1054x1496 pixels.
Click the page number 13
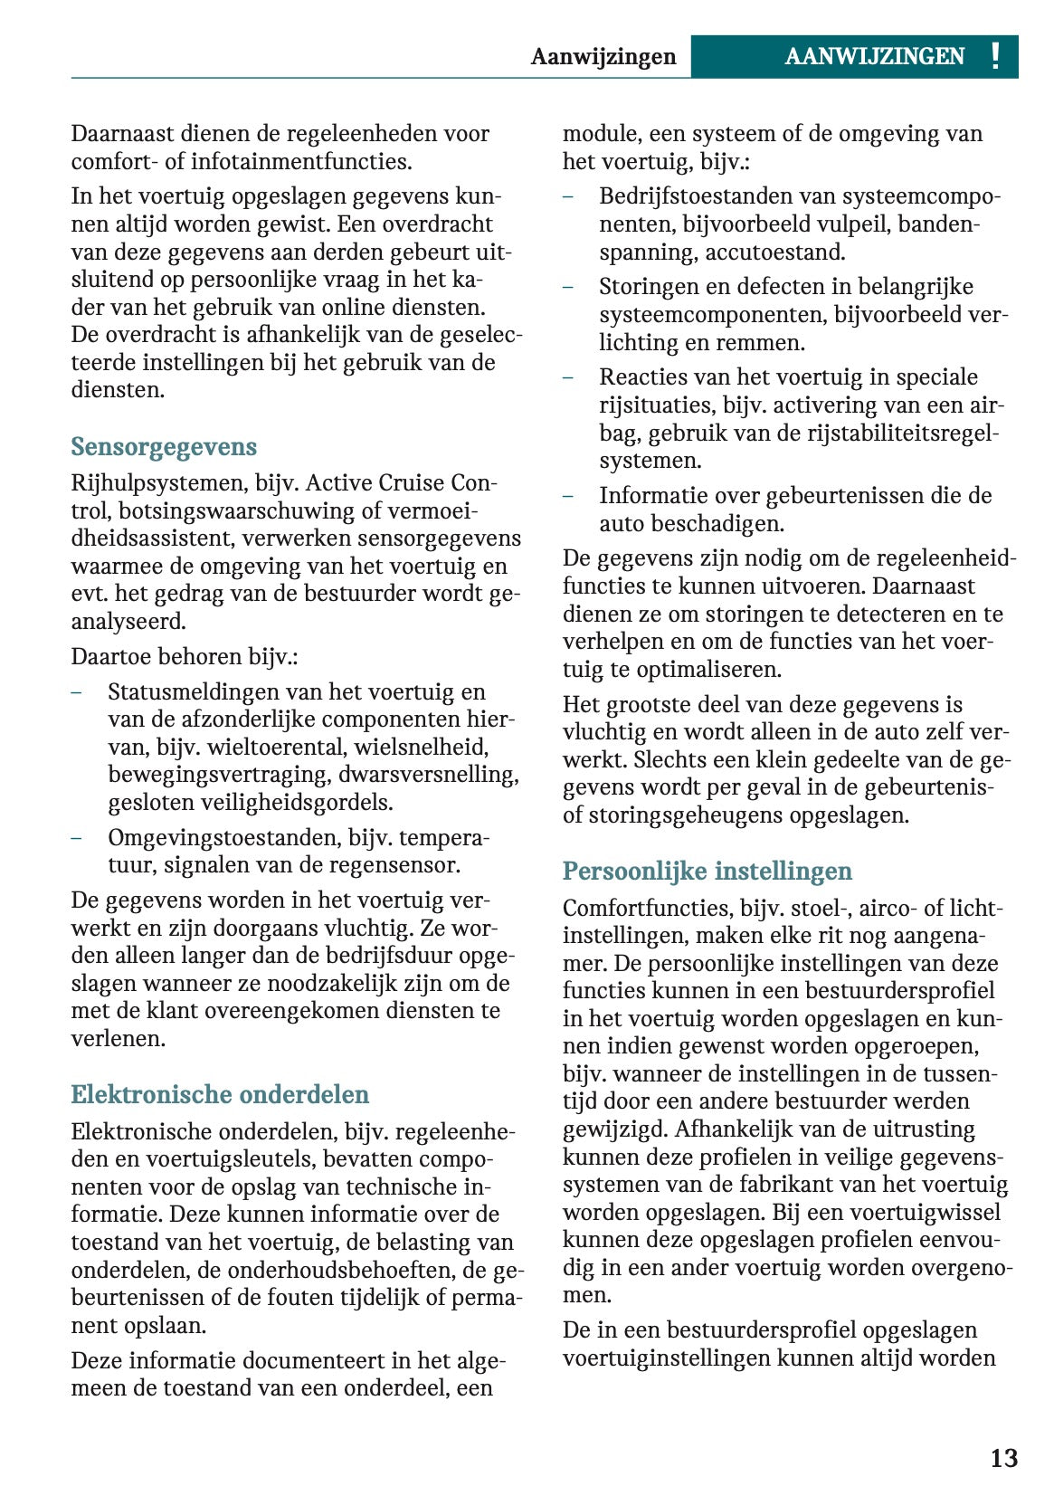pyautogui.click(x=1003, y=1458)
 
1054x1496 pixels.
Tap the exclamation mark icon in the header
pyautogui.click(x=995, y=57)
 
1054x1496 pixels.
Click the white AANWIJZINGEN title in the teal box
pyautogui.click(x=874, y=57)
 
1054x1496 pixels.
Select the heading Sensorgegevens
pyautogui.click(x=164, y=447)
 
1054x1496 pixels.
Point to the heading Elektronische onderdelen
pyautogui.click(x=220, y=1095)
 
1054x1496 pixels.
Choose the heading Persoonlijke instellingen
pyautogui.click(x=707, y=872)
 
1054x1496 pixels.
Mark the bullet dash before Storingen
pyautogui.click(x=568, y=287)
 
